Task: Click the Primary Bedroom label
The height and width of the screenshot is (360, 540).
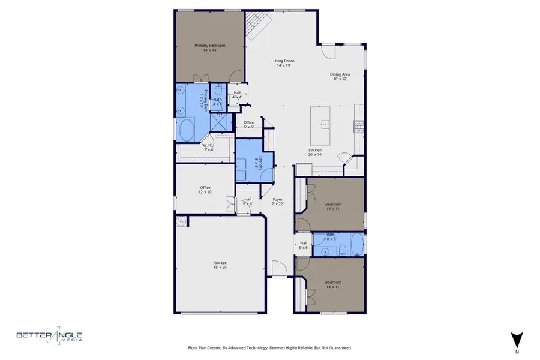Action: click(x=209, y=47)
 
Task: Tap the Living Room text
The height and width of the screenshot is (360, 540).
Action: click(x=283, y=62)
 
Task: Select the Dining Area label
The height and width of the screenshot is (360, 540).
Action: click(x=340, y=77)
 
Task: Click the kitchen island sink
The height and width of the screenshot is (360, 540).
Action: click(x=325, y=125)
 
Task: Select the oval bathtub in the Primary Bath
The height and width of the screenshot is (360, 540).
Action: click(x=187, y=130)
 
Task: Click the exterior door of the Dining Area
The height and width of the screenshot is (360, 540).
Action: click(x=327, y=52)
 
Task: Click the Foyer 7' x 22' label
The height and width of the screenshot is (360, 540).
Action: click(x=278, y=202)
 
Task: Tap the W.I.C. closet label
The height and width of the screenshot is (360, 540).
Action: click(x=208, y=147)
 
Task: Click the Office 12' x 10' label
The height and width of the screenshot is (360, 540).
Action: click(x=205, y=190)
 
